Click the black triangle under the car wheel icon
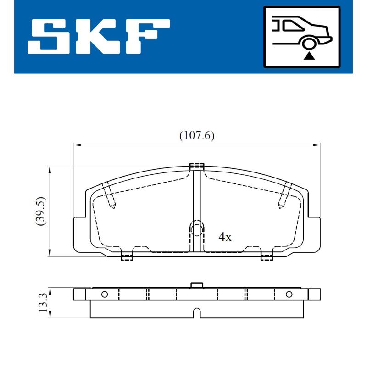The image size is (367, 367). [x=310, y=56]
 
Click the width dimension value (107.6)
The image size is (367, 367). [x=196, y=136]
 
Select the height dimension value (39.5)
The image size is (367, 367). [x=41, y=211]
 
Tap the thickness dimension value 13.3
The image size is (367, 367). [x=43, y=303]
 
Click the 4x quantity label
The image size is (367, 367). [x=225, y=237]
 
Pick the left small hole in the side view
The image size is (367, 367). [x=104, y=295]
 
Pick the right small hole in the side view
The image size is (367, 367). [x=289, y=295]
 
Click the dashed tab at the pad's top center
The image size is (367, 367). [x=197, y=166]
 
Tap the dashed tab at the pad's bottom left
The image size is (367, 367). [x=127, y=256]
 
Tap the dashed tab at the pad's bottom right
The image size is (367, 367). [x=267, y=256]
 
